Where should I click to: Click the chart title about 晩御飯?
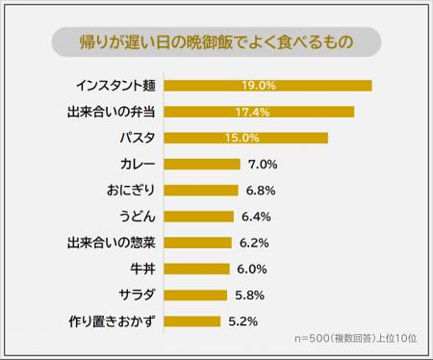coord(216,42)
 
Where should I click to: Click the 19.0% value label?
coord(260,86)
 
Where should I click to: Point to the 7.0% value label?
coord(263,164)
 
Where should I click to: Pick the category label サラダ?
coord(137,295)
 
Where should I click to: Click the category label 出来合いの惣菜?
coord(111,243)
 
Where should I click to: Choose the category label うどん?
coord(137,216)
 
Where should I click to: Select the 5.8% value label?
coord(249,295)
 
